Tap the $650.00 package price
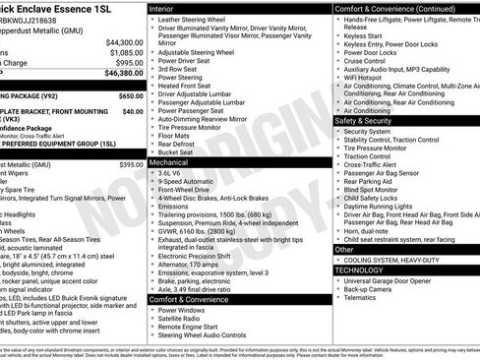(130, 97)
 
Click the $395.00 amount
(130, 164)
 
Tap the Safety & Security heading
(369, 121)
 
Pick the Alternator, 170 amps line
(197, 263)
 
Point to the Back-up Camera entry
(373, 291)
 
